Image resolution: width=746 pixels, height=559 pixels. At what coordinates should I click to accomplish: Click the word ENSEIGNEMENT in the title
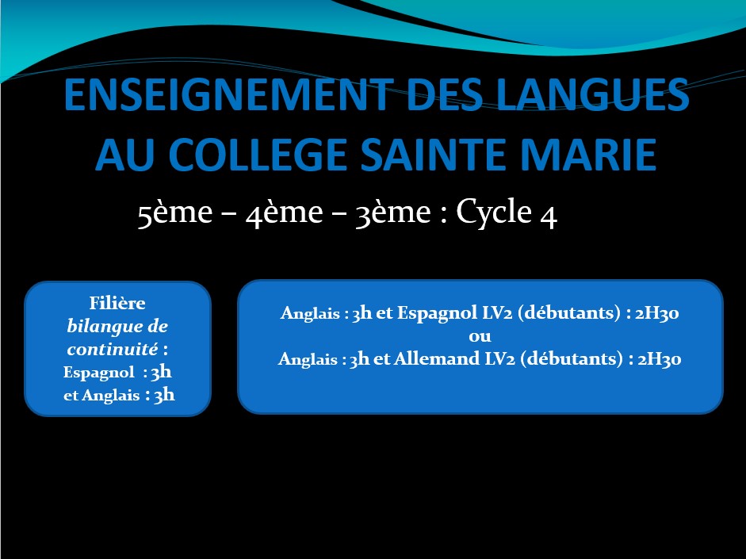229,94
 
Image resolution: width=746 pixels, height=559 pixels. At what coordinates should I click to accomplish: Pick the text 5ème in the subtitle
175,212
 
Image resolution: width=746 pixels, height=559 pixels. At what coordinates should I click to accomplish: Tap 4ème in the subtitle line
285,212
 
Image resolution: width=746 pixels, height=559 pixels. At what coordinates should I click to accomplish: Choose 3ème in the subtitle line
393,212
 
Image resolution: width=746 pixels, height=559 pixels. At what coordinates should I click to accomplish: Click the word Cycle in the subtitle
494,212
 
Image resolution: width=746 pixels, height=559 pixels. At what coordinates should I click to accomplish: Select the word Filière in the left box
117,303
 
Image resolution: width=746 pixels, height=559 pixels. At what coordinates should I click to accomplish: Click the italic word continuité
113,349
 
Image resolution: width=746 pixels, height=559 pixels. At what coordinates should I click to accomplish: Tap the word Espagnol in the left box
99,373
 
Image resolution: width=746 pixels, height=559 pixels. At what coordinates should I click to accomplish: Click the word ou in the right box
480,336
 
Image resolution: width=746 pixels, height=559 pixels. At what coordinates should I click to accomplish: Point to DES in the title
445,94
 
